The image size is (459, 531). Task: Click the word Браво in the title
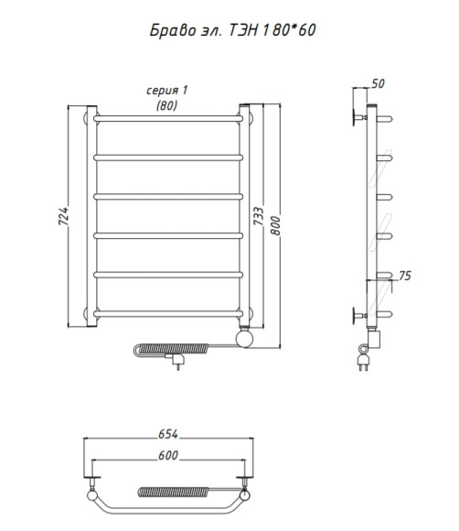pyautogui.click(x=173, y=30)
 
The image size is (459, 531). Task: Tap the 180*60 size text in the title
pyautogui.click(x=289, y=30)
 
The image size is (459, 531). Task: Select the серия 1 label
pyautogui.click(x=167, y=90)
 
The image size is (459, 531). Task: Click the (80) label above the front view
pyautogui.click(x=166, y=105)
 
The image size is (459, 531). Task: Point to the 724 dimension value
pyautogui.click(x=63, y=216)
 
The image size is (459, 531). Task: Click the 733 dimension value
pyautogui.click(x=259, y=216)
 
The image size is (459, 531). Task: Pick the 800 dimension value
pyautogui.click(x=275, y=225)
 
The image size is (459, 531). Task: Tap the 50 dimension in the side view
pyautogui.click(x=378, y=83)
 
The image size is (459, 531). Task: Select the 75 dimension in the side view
pyautogui.click(x=405, y=276)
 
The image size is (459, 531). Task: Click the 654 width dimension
pyautogui.click(x=168, y=434)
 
